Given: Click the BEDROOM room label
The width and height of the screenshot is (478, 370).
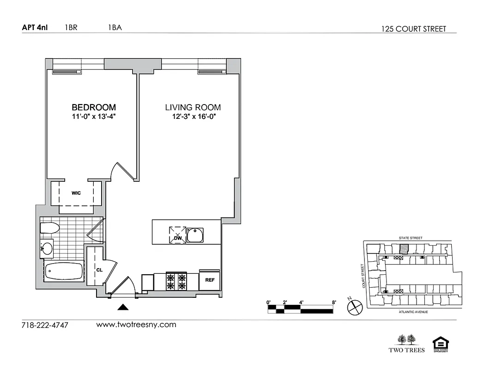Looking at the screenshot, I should point(94,107).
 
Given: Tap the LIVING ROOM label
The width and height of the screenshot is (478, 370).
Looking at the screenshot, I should point(193,107).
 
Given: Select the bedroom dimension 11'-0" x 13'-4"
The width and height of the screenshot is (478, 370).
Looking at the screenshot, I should point(93,117).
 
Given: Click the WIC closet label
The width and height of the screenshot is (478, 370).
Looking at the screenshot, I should point(76,193).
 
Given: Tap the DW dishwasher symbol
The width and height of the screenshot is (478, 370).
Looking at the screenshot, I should point(177,234).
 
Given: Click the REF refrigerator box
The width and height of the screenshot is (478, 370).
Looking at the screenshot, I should point(209,280).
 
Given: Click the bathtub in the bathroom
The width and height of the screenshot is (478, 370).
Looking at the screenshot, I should point(64,272).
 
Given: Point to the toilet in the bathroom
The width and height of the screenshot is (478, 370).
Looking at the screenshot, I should point(49,228).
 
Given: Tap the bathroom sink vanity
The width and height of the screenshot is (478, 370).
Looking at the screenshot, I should point(47,249).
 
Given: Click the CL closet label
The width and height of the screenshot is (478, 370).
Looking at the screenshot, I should point(99,269).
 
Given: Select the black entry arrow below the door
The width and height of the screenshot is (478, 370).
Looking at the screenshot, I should point(123,307).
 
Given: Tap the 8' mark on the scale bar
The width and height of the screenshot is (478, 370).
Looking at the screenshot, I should point(333,302).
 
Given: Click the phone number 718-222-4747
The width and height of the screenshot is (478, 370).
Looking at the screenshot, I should point(45,325).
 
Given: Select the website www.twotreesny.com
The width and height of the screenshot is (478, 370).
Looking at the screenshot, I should point(136,325).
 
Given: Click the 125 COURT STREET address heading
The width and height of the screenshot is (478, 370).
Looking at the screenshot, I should point(413,29).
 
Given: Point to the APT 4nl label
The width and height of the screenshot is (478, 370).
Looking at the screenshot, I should point(35,27).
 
